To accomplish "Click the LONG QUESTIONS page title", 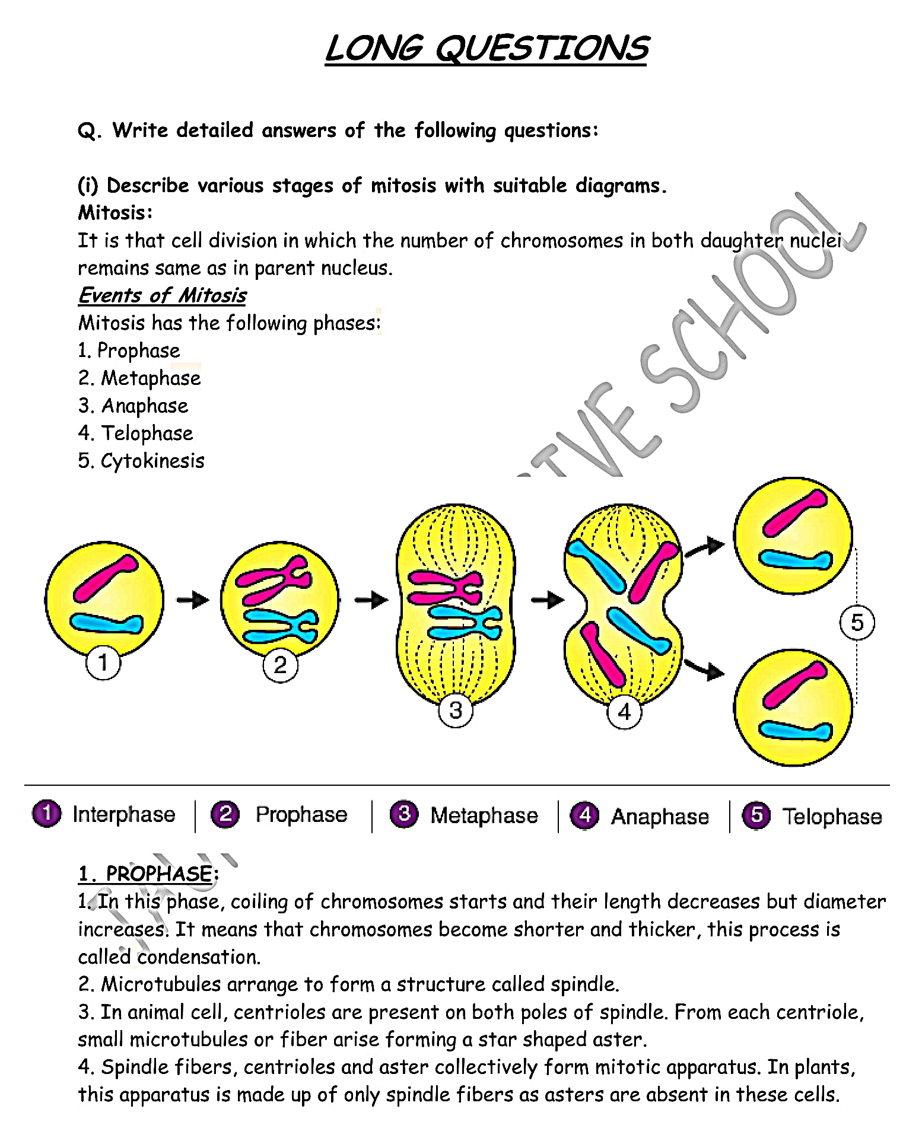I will pyautogui.click(x=486, y=48).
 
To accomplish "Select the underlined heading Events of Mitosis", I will pyautogui.click(x=162, y=295).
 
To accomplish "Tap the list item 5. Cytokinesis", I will pyautogui.click(x=141, y=461).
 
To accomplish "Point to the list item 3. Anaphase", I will pyautogui.click(x=133, y=406).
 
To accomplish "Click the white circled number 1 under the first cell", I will pyautogui.click(x=103, y=662).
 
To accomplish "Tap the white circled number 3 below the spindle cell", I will pyautogui.click(x=455, y=710).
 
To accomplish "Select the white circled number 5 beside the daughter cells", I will pyautogui.click(x=857, y=623).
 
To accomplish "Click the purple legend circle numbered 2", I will pyautogui.click(x=225, y=814).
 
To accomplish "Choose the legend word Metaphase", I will pyautogui.click(x=484, y=815).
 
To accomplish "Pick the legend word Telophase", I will pyautogui.click(x=832, y=817).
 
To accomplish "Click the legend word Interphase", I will pyautogui.click(x=124, y=814).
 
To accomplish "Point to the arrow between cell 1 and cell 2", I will pyautogui.click(x=193, y=600).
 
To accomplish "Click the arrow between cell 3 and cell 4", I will pyautogui.click(x=547, y=600).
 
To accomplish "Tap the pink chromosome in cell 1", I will pyautogui.click(x=105, y=578).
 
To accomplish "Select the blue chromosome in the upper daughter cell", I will pyautogui.click(x=795, y=559).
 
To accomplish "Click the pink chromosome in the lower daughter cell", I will pyautogui.click(x=794, y=685).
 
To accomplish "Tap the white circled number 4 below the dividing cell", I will pyautogui.click(x=624, y=711).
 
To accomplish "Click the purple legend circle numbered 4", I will pyautogui.click(x=584, y=815).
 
